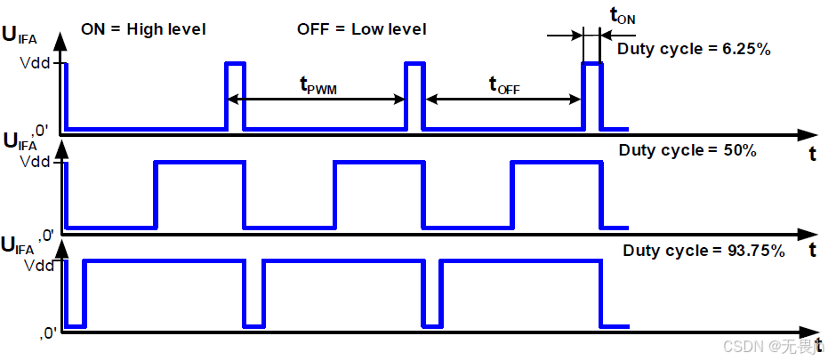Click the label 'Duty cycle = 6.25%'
694,50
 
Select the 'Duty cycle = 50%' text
687,150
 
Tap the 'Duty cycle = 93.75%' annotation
703,251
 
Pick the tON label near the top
622,15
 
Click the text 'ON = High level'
143,29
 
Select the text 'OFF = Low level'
361,29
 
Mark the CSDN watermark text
771,347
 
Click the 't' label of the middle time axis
812,252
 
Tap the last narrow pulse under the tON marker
591,95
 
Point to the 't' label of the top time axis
812,153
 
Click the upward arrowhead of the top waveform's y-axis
60,41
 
